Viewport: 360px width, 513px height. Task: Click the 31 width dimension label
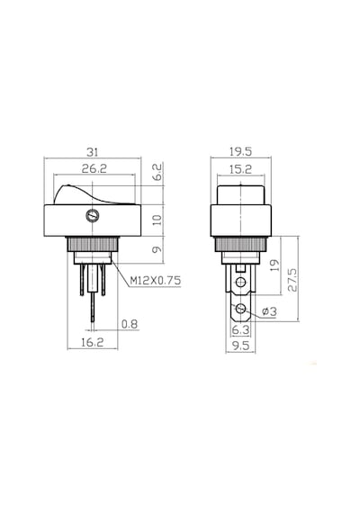[92, 152]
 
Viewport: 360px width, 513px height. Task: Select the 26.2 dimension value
[94, 169]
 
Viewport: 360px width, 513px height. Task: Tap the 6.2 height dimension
[157, 173]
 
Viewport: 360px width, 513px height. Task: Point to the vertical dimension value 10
[157, 220]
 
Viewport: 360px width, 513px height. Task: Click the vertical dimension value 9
[157, 249]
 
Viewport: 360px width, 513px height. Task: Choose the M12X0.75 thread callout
[155, 281]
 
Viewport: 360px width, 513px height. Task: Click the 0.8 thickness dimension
[130, 324]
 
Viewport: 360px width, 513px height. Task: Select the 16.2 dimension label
[93, 343]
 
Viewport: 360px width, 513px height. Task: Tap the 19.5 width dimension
[240, 151]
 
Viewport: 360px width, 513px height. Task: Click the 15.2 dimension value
[240, 169]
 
